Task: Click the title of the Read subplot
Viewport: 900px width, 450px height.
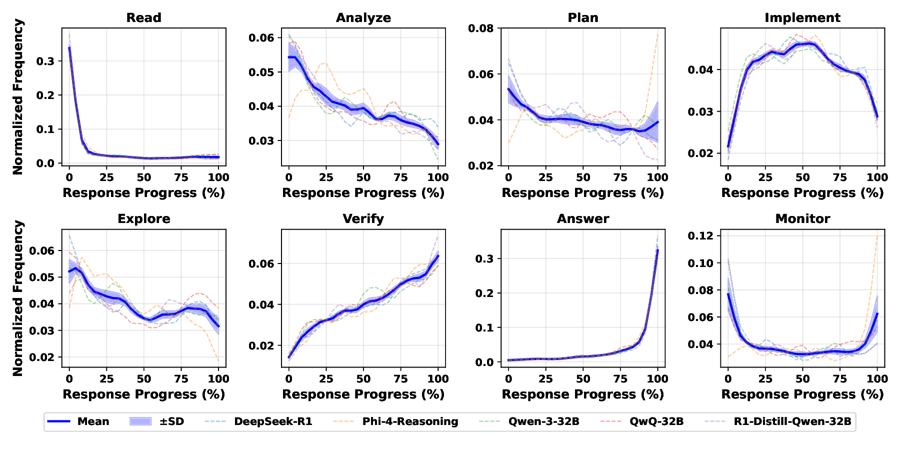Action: click(x=143, y=17)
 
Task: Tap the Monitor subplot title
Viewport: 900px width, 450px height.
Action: click(x=802, y=219)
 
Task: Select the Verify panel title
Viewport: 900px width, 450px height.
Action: click(x=363, y=219)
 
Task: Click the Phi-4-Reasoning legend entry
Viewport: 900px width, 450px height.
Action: click(x=410, y=421)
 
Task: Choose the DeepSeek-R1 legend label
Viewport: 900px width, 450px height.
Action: click(x=273, y=421)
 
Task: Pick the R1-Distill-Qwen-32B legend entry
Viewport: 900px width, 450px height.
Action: click(x=792, y=421)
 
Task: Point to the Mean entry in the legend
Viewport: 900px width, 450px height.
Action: click(x=93, y=421)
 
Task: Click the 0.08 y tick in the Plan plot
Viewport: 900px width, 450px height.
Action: click(x=481, y=28)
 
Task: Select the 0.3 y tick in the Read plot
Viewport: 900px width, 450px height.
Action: click(x=46, y=61)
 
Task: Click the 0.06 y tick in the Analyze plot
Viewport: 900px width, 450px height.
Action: click(x=261, y=38)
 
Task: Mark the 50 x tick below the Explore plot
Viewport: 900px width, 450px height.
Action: click(x=144, y=379)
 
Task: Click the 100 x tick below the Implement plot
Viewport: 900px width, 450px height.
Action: click(x=877, y=177)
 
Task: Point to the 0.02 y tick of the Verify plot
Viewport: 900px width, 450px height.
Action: click(x=261, y=345)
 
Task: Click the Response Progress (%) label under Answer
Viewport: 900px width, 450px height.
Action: click(x=582, y=394)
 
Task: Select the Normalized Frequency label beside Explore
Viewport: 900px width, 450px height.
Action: click(x=18, y=298)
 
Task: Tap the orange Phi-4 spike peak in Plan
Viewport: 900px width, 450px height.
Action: click(x=657, y=34)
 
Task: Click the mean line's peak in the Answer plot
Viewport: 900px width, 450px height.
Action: click(x=657, y=249)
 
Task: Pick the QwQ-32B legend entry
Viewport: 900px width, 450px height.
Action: click(x=656, y=421)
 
